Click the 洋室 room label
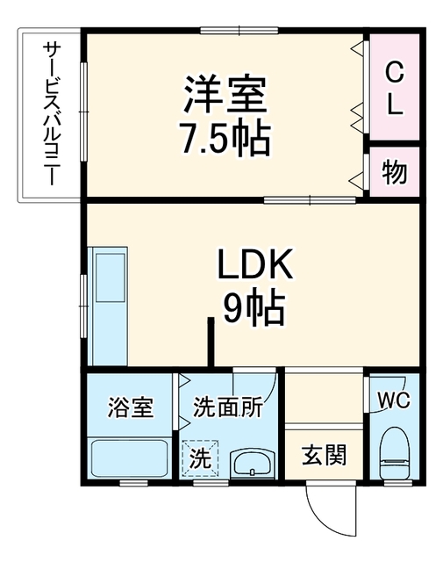pos(225,94)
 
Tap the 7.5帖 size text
pos(225,137)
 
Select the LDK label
pos(255,264)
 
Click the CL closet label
pos(395,88)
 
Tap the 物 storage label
pos(394,172)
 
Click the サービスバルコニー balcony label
pos(51,113)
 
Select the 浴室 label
pos(131,407)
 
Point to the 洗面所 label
pos(228,407)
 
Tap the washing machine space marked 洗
pos(200,458)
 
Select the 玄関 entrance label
pos(324,455)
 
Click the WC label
pos(394,400)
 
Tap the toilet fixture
pos(395,453)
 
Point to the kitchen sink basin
pos(111,277)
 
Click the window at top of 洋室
pos(239,31)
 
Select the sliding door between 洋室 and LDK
pos(311,200)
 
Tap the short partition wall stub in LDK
pos(211,342)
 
